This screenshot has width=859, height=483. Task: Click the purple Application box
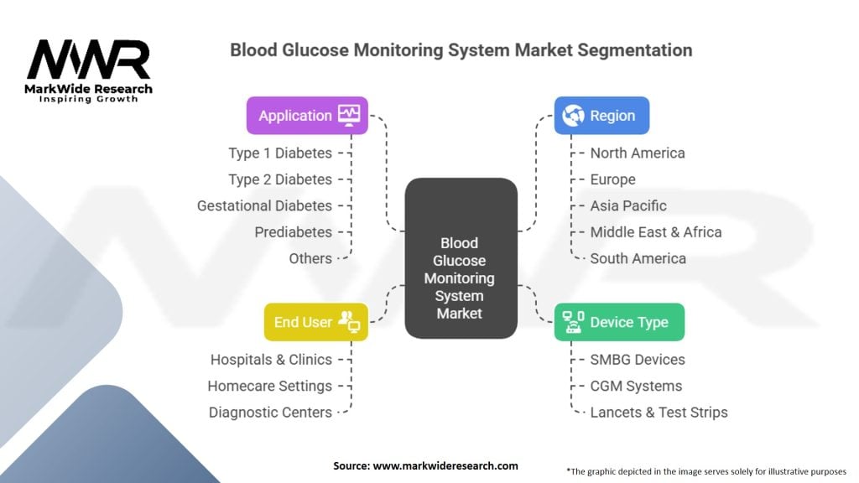click(x=307, y=116)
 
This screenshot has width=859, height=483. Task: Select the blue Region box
click(x=601, y=116)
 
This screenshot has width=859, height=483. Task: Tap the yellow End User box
click(x=315, y=322)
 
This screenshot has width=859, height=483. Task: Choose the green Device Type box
click(x=619, y=322)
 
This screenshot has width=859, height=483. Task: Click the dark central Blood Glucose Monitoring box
click(x=461, y=258)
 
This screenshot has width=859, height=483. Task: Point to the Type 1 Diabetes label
click(x=280, y=153)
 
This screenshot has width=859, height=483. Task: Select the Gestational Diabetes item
click(x=264, y=205)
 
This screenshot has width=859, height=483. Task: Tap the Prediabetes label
click(x=294, y=232)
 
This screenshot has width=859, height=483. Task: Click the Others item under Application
click(x=310, y=258)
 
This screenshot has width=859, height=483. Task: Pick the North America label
click(x=638, y=153)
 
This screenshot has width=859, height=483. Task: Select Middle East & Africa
click(x=655, y=232)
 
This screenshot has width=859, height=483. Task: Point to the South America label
click(x=638, y=258)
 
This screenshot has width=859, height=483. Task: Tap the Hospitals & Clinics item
click(x=271, y=360)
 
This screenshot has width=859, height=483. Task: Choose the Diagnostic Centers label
click(x=270, y=412)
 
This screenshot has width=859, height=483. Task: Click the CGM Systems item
click(x=636, y=386)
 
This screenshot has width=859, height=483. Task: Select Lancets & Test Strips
click(x=659, y=412)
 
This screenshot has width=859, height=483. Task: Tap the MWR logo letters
click(x=89, y=60)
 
